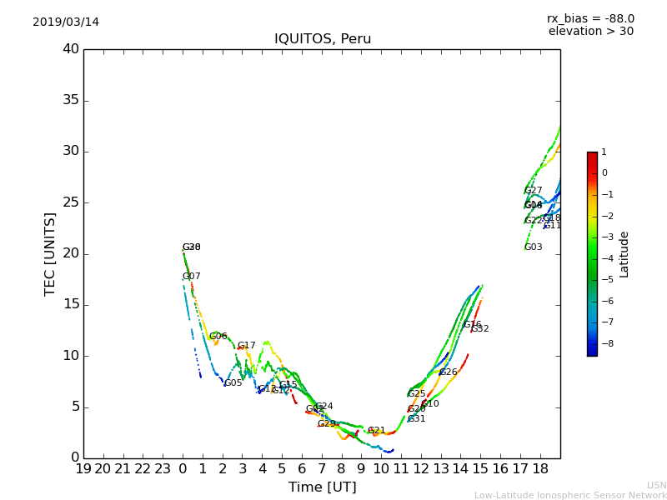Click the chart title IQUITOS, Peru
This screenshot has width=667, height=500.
(323, 39)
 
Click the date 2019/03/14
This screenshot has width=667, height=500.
(66, 22)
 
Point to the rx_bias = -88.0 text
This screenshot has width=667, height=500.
(590, 18)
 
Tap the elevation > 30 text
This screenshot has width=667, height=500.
(590, 32)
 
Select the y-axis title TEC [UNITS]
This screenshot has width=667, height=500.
(50, 254)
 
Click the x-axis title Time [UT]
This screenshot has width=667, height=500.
(322, 487)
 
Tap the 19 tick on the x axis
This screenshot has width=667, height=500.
(83, 468)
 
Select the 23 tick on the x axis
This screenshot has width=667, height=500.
(163, 468)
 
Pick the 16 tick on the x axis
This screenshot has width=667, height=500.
(500, 468)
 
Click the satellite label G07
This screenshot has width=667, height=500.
(191, 277)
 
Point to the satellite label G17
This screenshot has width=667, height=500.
(247, 346)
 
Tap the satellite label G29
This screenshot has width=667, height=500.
(326, 424)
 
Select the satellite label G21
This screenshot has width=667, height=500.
(377, 431)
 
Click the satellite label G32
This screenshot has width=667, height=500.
(480, 329)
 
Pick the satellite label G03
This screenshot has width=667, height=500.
(533, 247)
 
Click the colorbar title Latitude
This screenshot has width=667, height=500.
(624, 254)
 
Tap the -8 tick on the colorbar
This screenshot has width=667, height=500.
(604, 342)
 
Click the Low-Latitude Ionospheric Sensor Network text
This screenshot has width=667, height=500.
(570, 495)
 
